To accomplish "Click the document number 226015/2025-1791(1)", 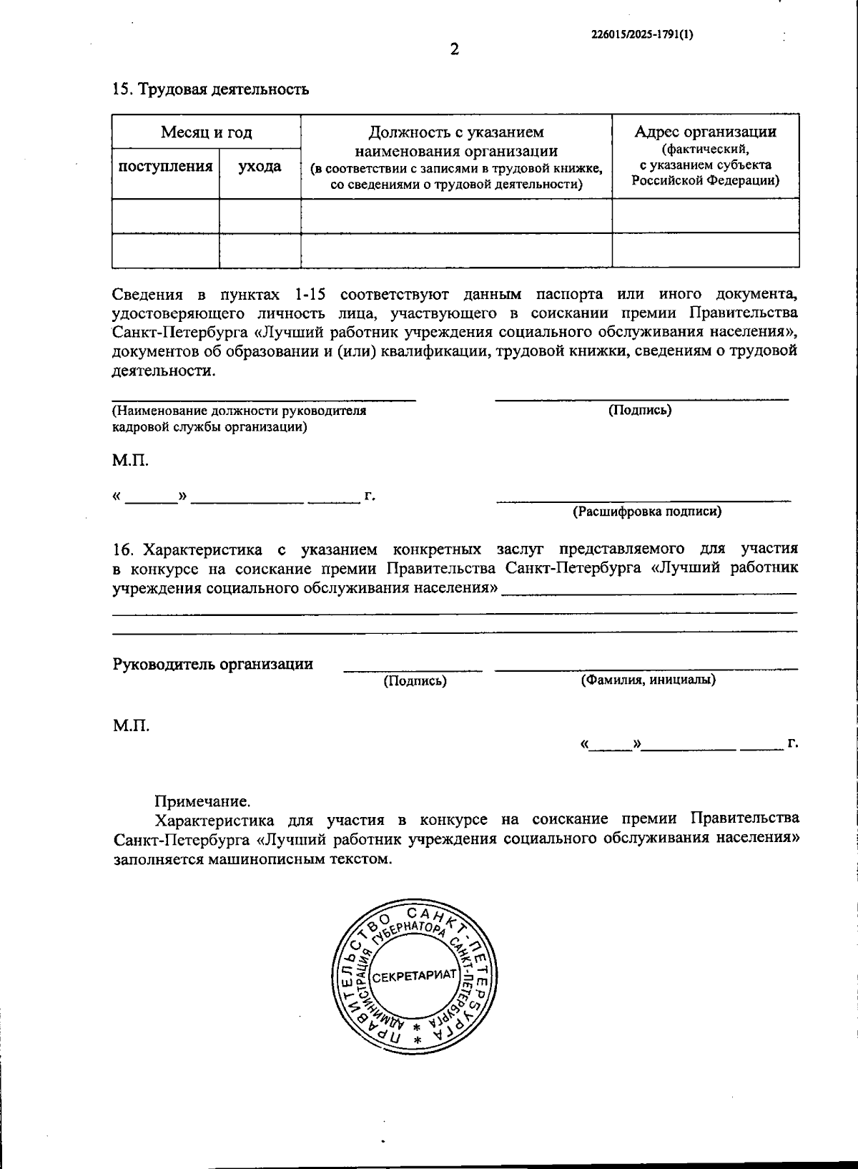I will coord(642,33).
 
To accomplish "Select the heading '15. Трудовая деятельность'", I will coord(211,89).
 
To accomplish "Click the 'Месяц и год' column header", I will coord(206,132).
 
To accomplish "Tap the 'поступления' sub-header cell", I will coord(165,167).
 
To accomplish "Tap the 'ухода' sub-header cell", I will coord(260,167).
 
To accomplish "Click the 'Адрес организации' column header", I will coord(705,132).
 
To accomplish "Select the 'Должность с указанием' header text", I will coord(456,132).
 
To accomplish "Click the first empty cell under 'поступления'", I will coord(165,215).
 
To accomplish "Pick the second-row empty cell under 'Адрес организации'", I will coord(705,250).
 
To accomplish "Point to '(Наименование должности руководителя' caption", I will coord(240,411).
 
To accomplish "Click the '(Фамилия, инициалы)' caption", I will coord(648,680).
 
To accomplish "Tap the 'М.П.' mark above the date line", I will coord(130,460).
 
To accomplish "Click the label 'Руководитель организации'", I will coord(212,663).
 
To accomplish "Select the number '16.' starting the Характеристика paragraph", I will coord(123,549).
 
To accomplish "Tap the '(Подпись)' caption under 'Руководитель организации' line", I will coord(415,681).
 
